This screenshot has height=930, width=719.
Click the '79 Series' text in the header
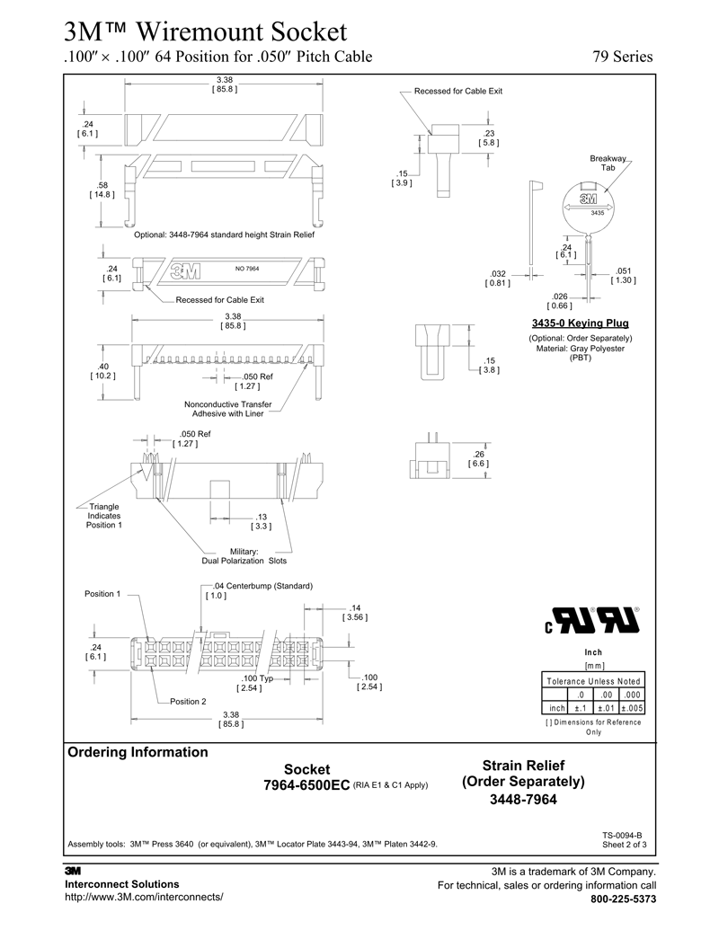(x=622, y=58)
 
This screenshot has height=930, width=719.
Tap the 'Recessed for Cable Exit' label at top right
(x=457, y=92)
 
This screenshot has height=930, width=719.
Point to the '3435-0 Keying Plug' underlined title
(x=581, y=323)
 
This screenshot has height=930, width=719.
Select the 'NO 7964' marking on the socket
(x=246, y=269)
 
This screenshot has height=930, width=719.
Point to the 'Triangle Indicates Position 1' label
(x=104, y=516)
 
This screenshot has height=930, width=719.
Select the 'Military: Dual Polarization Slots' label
(x=244, y=555)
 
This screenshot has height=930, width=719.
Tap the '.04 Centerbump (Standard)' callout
(x=258, y=590)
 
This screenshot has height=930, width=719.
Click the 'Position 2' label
(x=189, y=701)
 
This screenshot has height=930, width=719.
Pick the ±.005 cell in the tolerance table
(x=632, y=708)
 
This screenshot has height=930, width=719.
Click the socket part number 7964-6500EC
(x=306, y=785)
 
